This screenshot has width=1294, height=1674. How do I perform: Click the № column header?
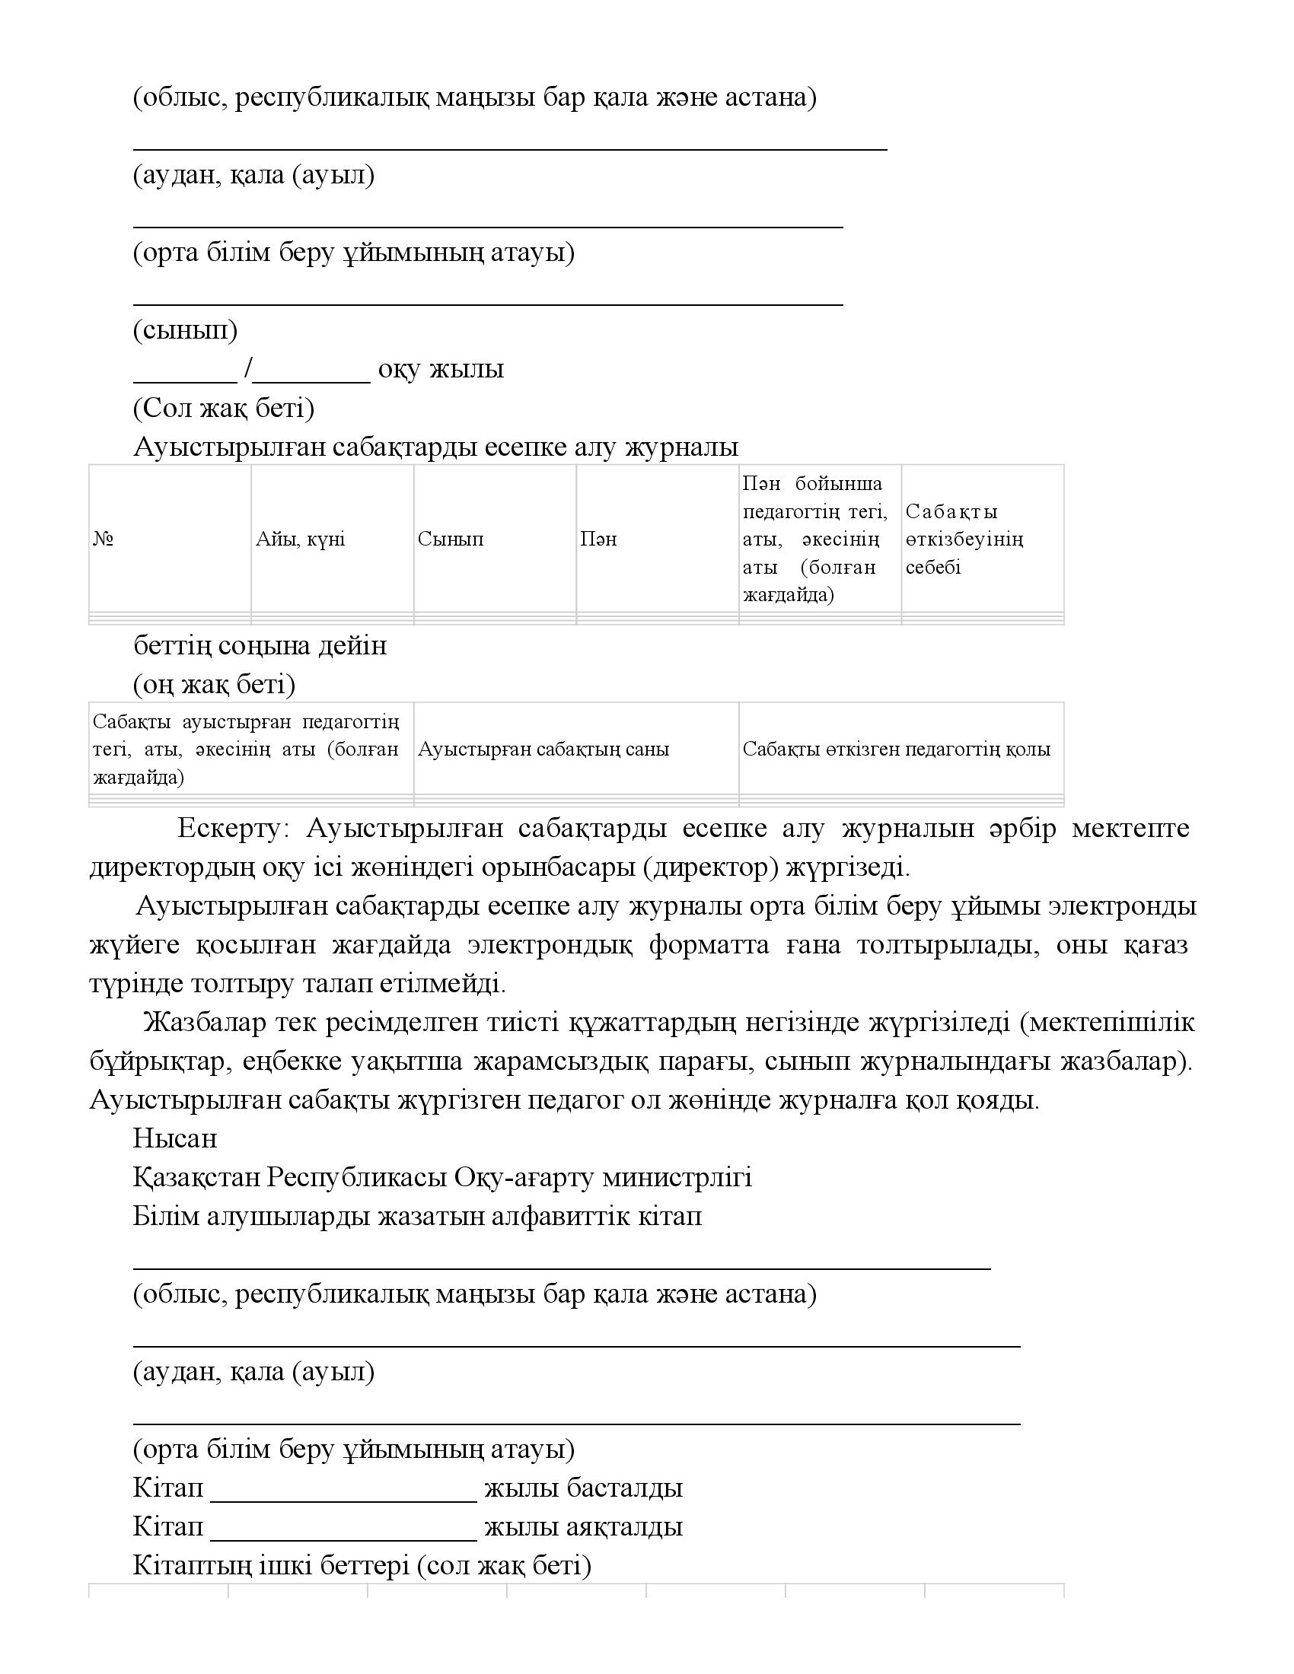click(104, 539)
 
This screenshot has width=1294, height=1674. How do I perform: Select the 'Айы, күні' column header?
click(301, 539)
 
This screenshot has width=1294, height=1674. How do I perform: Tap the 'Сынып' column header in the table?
click(451, 539)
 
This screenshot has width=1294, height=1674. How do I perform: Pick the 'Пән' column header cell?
click(599, 539)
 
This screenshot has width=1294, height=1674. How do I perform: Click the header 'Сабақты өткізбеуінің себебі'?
click(964, 539)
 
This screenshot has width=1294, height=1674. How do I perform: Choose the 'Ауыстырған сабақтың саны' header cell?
click(543, 749)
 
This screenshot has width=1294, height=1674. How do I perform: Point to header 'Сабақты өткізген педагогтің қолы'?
click(896, 749)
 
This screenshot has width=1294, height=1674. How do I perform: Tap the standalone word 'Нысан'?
click(175, 1138)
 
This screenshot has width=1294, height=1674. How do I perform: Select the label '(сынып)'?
click(186, 330)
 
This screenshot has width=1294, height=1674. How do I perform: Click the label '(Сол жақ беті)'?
click(224, 408)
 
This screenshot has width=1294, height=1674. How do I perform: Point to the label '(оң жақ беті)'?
click(215, 684)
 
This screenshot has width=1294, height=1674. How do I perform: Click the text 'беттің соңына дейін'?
click(260, 645)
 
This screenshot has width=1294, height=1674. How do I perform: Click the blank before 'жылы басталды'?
click(343, 1488)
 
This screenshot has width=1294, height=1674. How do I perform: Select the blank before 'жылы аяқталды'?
click(343, 1526)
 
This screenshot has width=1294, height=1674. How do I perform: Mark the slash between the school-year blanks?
click(247, 370)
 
